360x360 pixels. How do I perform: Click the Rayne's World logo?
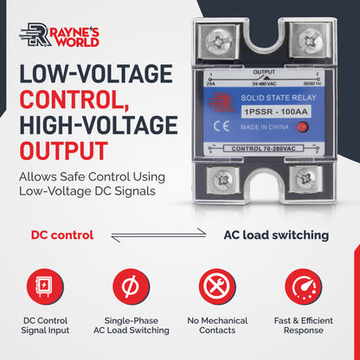(x=59, y=36)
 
